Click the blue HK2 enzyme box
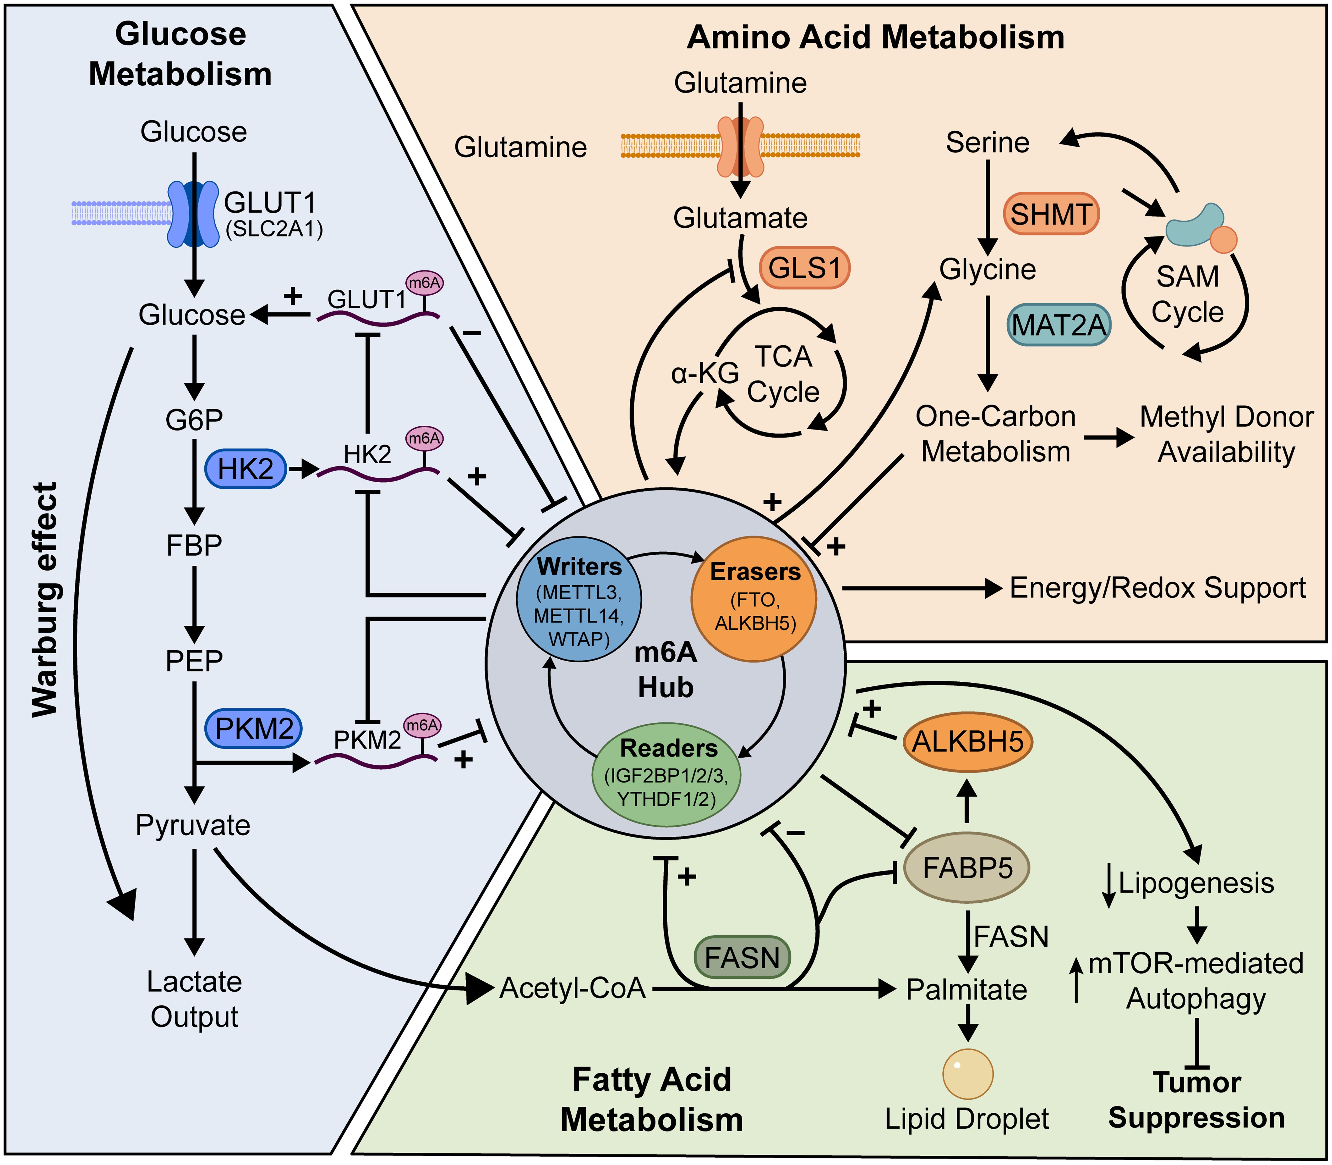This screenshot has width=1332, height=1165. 246,469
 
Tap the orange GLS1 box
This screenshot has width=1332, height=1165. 804,267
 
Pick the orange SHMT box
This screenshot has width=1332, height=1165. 1051,214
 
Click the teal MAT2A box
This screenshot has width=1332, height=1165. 1059,324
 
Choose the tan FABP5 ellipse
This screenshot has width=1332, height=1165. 967,868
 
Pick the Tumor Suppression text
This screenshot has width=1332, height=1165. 1196,1100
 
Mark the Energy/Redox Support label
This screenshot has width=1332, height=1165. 1157,588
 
